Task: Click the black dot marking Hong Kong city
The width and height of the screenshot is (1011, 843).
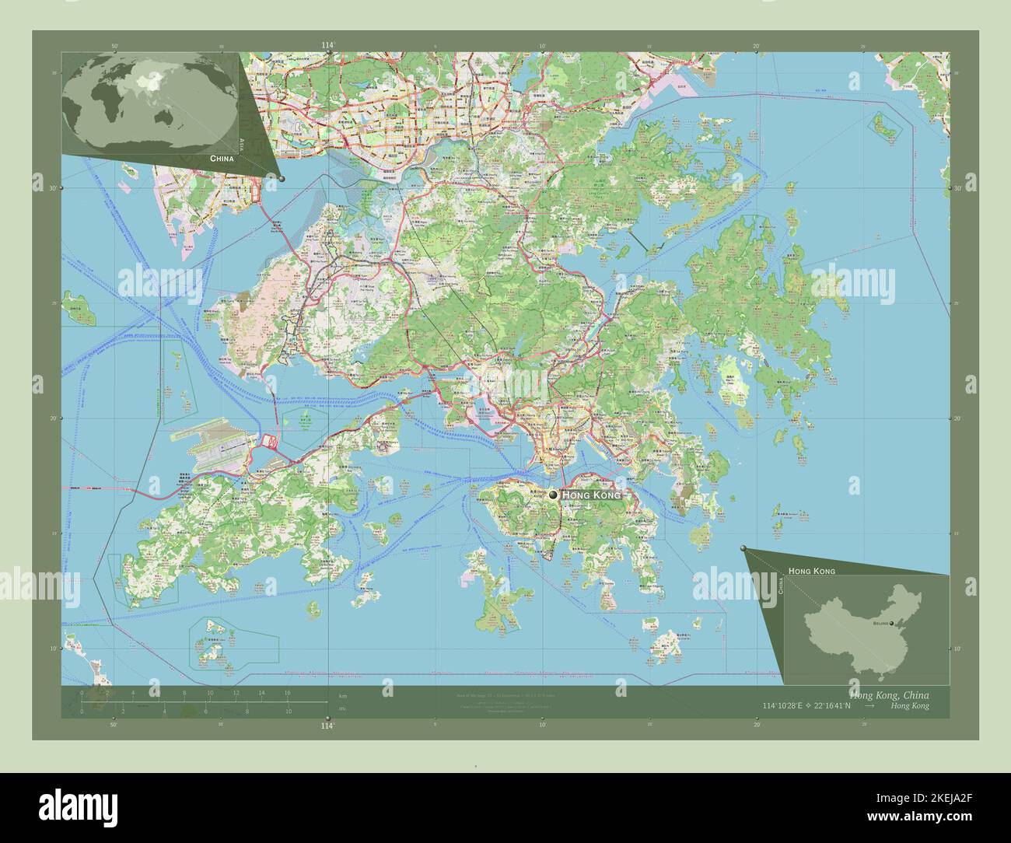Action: click(x=553, y=495)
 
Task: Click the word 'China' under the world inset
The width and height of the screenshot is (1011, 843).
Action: click(x=221, y=158)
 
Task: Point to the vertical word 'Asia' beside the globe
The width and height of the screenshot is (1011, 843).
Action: click(x=242, y=144)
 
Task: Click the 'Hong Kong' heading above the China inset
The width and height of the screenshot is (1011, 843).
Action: click(x=811, y=571)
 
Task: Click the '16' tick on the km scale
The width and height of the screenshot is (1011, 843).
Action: click(x=287, y=692)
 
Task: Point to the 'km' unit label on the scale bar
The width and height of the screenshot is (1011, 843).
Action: click(x=342, y=694)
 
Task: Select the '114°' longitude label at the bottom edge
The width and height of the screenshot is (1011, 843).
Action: click(x=327, y=726)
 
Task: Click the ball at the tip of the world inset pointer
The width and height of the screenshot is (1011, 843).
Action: click(x=282, y=179)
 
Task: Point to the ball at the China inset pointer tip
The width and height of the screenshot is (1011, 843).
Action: click(x=743, y=548)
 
